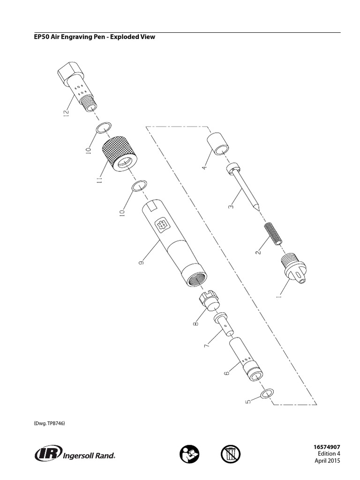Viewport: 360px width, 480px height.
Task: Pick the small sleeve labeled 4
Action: tap(217, 143)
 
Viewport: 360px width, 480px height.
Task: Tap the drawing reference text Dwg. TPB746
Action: tap(49, 423)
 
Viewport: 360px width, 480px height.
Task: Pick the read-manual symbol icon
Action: tap(189, 454)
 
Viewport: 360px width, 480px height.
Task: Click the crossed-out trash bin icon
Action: tap(230, 454)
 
